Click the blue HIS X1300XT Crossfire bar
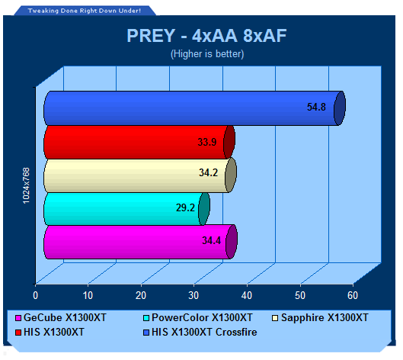(x=194, y=108)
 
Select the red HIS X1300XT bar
(x=139, y=143)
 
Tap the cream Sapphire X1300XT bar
(x=140, y=175)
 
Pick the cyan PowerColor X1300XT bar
(x=126, y=209)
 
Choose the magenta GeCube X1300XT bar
(x=140, y=242)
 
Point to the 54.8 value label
(x=316, y=107)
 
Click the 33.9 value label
(x=207, y=142)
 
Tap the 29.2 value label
(x=185, y=207)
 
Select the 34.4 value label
(x=211, y=240)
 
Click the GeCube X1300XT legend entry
(x=61, y=317)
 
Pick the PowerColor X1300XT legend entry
(x=198, y=317)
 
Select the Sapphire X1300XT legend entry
(x=320, y=317)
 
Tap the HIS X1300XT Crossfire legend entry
(x=200, y=332)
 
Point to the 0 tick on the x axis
(x=36, y=295)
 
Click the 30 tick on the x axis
(x=194, y=295)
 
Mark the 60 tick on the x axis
(x=353, y=295)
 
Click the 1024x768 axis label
(x=26, y=185)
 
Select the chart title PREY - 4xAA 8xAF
(x=206, y=36)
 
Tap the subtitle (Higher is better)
(x=207, y=54)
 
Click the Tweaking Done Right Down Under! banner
(x=85, y=11)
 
